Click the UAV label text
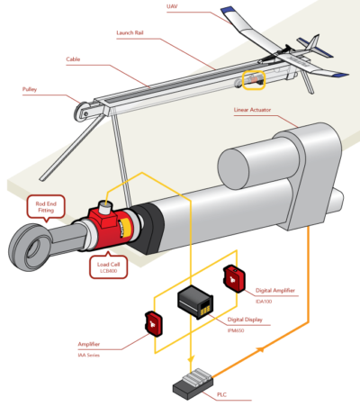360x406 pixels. pyautogui.click(x=172, y=6)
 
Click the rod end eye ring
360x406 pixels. pyautogui.click(x=26, y=242)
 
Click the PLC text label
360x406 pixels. pyautogui.click(x=220, y=394)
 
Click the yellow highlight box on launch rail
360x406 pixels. pyautogui.click(x=255, y=81)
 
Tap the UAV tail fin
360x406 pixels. pyautogui.click(x=312, y=45)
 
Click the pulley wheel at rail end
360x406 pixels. pyautogui.click(x=84, y=113)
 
